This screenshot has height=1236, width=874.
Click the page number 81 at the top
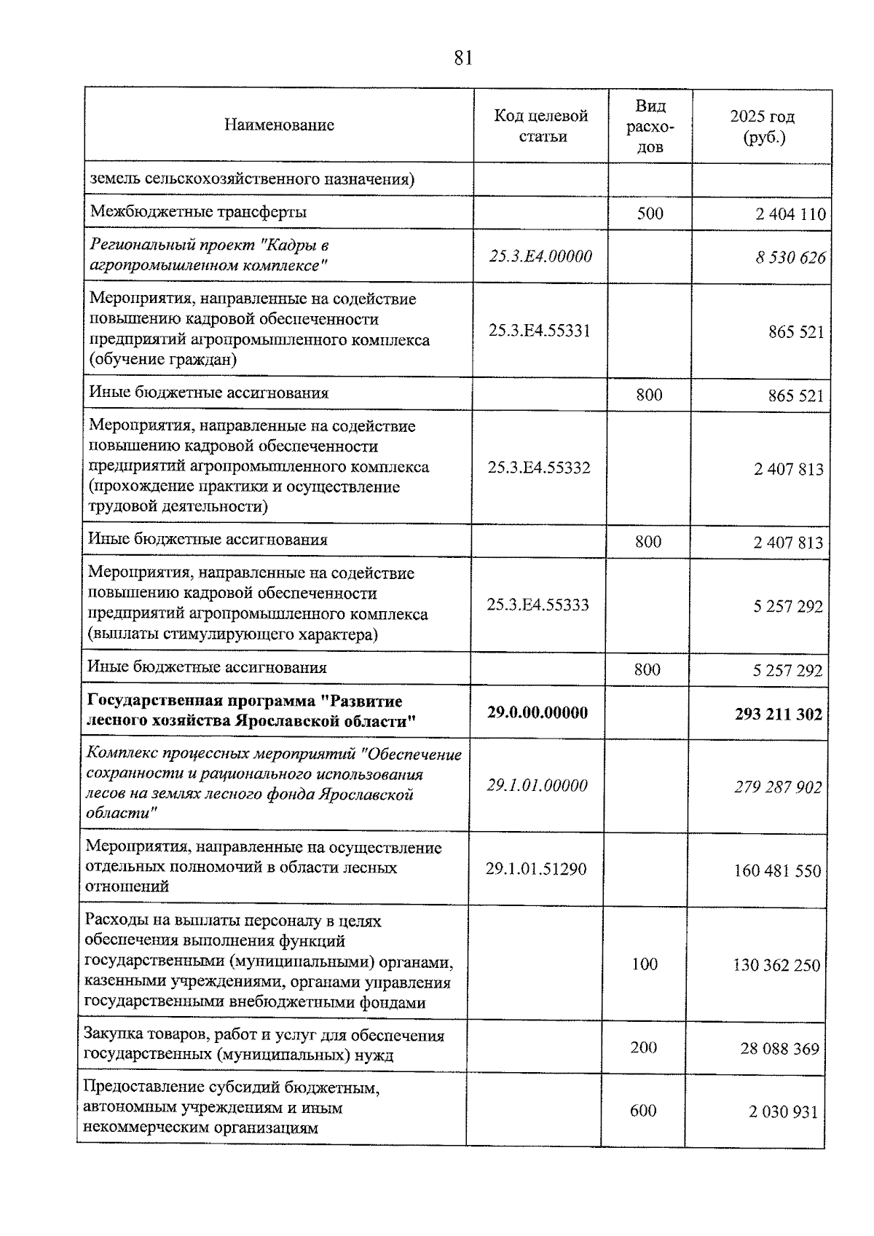click(x=462, y=58)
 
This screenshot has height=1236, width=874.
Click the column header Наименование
click(x=279, y=125)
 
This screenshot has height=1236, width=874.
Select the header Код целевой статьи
click(x=541, y=126)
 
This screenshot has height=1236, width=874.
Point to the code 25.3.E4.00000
click(x=540, y=256)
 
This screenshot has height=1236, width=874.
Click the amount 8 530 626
click(x=790, y=258)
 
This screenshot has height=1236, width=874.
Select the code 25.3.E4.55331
click(x=540, y=331)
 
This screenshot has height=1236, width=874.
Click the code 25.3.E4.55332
click(x=539, y=468)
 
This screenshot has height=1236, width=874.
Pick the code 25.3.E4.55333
click(x=538, y=605)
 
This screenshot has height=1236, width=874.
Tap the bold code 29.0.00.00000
click(x=538, y=712)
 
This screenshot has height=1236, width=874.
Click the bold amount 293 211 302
click(x=779, y=715)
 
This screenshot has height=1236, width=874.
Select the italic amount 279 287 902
click(x=778, y=787)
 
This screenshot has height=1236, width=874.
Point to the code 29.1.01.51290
click(x=536, y=869)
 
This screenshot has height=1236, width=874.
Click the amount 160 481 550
click(x=777, y=871)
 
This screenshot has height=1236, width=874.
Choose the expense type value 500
click(x=650, y=213)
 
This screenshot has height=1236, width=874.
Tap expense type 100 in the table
click(x=645, y=964)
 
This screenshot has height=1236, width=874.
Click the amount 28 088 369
click(x=780, y=1050)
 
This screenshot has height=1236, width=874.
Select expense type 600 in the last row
click(x=643, y=1111)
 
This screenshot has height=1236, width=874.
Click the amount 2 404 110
click(x=791, y=214)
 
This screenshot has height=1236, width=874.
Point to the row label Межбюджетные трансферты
click(x=198, y=212)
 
